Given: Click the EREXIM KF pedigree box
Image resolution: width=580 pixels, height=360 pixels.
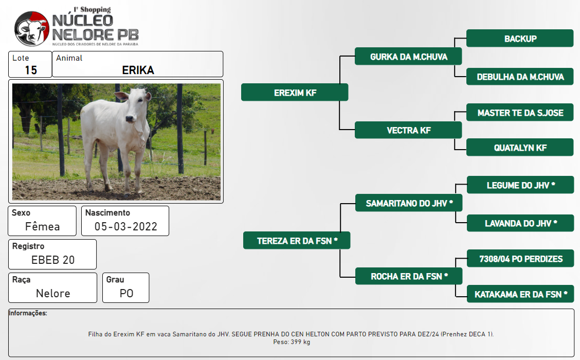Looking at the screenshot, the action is coord(295,92).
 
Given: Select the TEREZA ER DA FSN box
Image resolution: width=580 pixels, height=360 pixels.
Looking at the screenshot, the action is coord(297,241).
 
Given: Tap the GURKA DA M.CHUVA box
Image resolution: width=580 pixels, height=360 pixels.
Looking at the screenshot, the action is coord(408,56).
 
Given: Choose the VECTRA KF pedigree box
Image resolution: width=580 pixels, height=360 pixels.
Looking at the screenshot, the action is coord(408,130).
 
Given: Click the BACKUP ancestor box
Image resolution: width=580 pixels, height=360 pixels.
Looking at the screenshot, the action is coord(520,38).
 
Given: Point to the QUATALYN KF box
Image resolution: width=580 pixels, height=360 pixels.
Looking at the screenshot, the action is coord(520,147).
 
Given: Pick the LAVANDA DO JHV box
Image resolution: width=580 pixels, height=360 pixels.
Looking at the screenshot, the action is coord(520,223).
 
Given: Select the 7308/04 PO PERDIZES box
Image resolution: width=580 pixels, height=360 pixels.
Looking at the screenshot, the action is coord(520,258).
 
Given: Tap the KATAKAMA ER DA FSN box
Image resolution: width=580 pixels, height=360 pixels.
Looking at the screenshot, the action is coord(520,294).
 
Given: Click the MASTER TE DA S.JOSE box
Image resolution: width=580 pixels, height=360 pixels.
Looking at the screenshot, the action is coord(520,112).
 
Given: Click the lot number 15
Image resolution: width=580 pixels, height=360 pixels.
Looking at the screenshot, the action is coord(31,70).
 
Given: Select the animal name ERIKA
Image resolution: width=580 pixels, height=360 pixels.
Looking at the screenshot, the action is coord(138,70).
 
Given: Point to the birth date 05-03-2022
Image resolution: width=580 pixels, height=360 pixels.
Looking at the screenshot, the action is coord(126,226).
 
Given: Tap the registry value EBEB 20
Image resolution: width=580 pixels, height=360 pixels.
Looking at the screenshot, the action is coord(53,260).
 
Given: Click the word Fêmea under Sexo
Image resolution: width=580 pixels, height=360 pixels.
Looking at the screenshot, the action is coord(43,226).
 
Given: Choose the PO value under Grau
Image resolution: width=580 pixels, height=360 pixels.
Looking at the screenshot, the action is coord(126,294).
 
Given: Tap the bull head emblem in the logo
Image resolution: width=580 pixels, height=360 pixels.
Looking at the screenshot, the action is coord(32,29).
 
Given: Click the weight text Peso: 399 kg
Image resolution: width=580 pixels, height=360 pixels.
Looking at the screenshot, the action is coord(292,342).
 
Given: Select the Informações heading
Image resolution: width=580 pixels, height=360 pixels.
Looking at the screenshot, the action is coord(28,313).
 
